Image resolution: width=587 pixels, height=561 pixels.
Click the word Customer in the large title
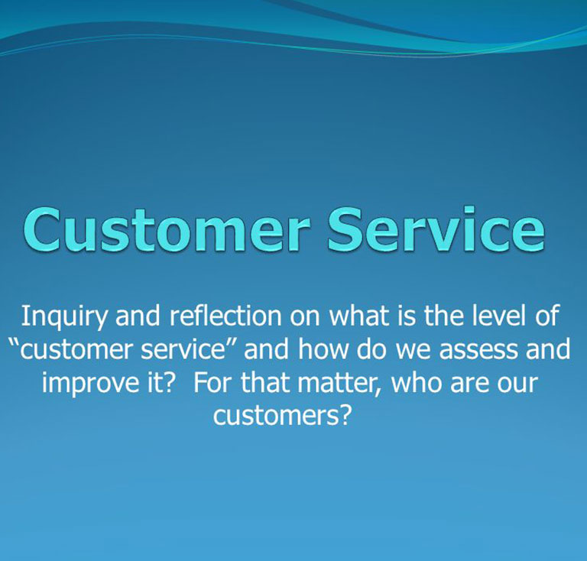167,229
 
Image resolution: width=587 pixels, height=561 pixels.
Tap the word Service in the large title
436,229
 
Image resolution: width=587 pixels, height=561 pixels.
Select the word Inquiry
63,317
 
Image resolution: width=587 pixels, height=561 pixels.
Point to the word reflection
225,316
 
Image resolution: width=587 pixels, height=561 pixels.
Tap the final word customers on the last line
276,417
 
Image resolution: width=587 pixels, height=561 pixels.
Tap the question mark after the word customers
345,417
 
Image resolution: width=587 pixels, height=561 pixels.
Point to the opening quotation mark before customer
14,343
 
